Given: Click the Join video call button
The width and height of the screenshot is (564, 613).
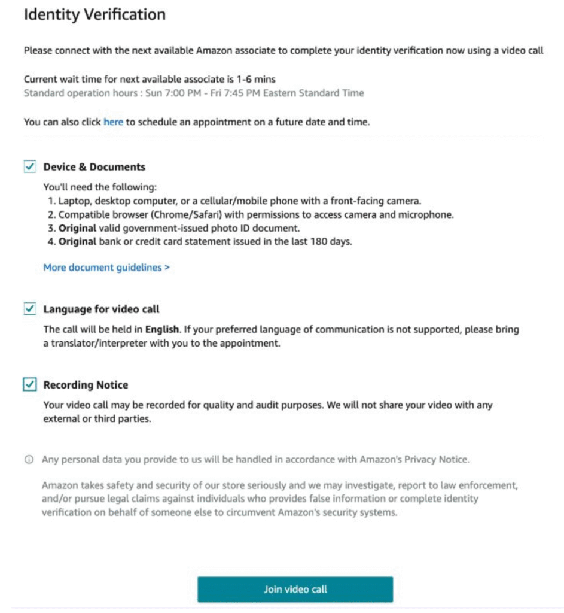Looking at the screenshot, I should point(295,589).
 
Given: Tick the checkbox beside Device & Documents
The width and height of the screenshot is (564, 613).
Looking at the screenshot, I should point(29,167).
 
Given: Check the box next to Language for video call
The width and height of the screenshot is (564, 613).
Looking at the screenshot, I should point(29,309).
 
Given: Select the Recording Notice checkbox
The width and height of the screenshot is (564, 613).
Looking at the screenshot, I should point(29,385).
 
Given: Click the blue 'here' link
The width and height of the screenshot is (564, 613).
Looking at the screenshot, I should point(113,122).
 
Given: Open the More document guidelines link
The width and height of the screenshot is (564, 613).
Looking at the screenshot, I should point(106,268).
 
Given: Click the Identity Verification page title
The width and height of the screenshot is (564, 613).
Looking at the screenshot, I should point(94,15).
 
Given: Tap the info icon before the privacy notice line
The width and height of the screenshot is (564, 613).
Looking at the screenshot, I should point(28,460).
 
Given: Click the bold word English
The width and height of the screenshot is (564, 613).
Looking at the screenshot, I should point(162,329).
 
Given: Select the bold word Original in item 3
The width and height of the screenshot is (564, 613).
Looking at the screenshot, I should point(77,228).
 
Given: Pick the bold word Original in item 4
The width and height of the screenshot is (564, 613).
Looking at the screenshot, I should point(77,242).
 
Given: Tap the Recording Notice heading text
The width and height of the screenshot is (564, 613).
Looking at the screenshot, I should point(86,385).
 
